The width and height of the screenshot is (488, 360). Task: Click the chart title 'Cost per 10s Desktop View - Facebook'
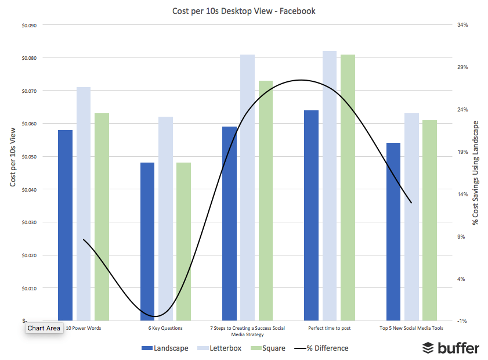point(244,11)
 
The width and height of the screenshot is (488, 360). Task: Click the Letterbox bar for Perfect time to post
point(330,186)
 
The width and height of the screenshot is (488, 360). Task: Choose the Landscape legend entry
point(165,348)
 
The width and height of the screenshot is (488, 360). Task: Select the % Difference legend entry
point(321,348)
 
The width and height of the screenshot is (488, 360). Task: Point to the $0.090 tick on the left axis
point(28,25)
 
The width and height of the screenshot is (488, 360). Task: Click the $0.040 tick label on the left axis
point(28,189)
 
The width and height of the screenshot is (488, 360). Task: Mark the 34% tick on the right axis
point(462,25)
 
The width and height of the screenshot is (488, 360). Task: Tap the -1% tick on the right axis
point(462,321)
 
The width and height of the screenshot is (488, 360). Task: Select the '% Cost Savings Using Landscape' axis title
point(476,173)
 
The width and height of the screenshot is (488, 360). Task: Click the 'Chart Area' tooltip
point(44,328)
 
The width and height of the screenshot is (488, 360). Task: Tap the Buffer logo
point(450,348)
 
